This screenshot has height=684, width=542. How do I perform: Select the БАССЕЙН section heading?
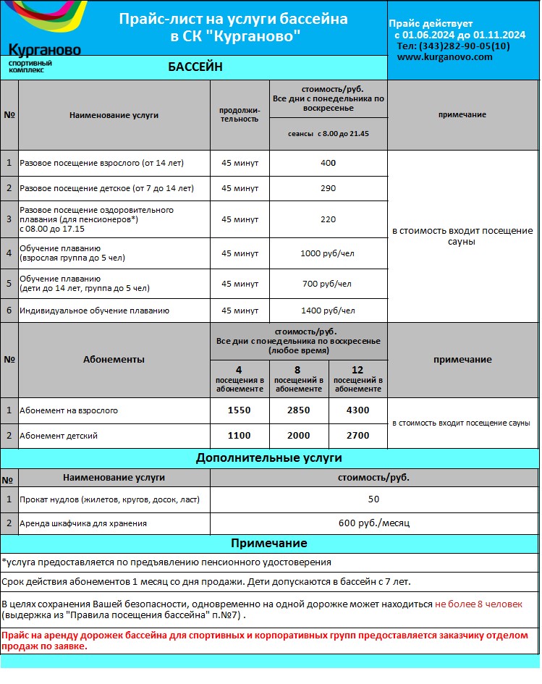[x=195, y=67]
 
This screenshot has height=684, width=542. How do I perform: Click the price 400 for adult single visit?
[x=329, y=164]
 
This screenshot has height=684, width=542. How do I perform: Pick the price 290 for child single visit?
[x=329, y=188]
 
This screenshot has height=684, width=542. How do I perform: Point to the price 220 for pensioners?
[x=329, y=219]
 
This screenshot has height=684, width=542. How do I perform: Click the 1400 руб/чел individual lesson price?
[x=329, y=311]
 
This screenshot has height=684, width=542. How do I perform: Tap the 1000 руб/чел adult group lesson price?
[x=329, y=253]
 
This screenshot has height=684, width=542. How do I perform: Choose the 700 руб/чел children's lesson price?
[x=329, y=284]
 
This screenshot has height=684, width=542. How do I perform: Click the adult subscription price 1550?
[x=240, y=410]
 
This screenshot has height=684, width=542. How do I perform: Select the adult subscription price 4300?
[x=357, y=410]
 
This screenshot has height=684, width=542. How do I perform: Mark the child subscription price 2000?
[x=299, y=436]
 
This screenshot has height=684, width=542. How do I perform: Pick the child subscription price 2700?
[x=357, y=436]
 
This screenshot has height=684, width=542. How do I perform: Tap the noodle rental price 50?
[x=373, y=499]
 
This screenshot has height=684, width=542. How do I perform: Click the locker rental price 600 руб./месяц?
[x=373, y=523]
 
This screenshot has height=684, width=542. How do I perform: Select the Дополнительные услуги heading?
[x=269, y=458]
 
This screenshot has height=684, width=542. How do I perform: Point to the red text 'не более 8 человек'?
[x=478, y=604]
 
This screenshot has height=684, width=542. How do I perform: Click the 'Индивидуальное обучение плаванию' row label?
[x=95, y=311]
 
